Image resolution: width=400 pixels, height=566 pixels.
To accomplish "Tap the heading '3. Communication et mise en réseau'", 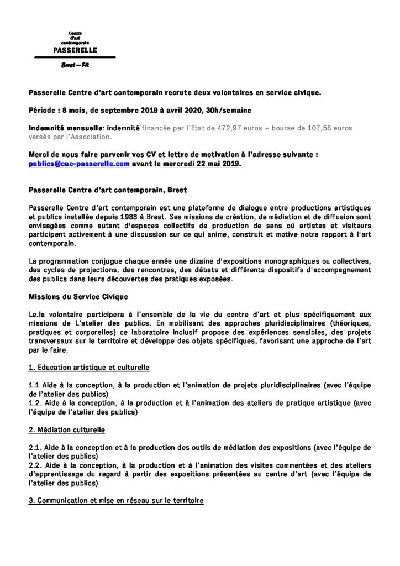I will pyautogui.click(x=116, y=501).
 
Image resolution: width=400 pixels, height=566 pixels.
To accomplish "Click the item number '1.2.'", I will pyautogui.click(x=35, y=403).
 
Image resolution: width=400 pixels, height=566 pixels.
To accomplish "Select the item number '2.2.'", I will pyautogui.click(x=36, y=466).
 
